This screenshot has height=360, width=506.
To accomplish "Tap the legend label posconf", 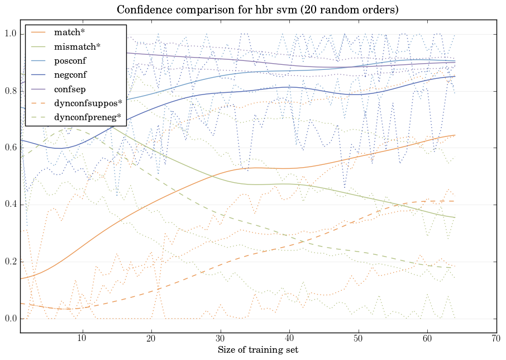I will pos(70,60).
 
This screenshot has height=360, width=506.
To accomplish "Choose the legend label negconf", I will pos(70,74).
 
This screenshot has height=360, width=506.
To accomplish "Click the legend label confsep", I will pos(69,88).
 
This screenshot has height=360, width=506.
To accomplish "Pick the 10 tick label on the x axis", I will pos(82,338).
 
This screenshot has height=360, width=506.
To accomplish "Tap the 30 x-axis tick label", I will pos(220,338).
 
